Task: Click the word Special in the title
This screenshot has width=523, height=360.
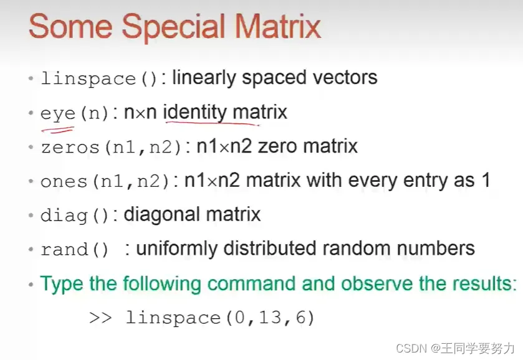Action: pyautogui.click(x=173, y=27)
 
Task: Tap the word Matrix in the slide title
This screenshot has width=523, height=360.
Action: pyautogui.click(x=277, y=26)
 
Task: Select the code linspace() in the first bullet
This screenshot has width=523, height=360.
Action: pyautogui.click(x=98, y=78)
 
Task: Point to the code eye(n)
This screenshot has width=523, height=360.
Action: pyautogui.click(x=75, y=114)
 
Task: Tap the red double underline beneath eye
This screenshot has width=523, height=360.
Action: pyautogui.click(x=57, y=130)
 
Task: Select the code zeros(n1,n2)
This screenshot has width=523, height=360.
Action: pyautogui.click(x=111, y=148)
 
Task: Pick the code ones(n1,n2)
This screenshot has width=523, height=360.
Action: pyautogui.click(x=105, y=182)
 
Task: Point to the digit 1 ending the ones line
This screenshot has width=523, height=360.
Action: pyautogui.click(x=486, y=180)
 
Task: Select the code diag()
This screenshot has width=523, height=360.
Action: pyautogui.click(x=75, y=216)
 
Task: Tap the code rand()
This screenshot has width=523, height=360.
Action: pyautogui.click(x=75, y=250)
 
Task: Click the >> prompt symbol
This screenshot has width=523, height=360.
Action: pyautogui.click(x=100, y=318)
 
